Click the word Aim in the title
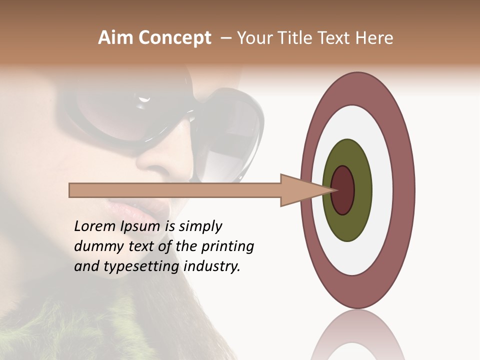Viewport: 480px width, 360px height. click(x=115, y=38)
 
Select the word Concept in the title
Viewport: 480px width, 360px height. click(x=174, y=38)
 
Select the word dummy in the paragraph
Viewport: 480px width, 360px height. click(x=96, y=246)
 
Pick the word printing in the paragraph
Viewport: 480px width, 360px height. click(x=227, y=247)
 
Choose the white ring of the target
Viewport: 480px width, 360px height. click(x=382, y=190)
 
